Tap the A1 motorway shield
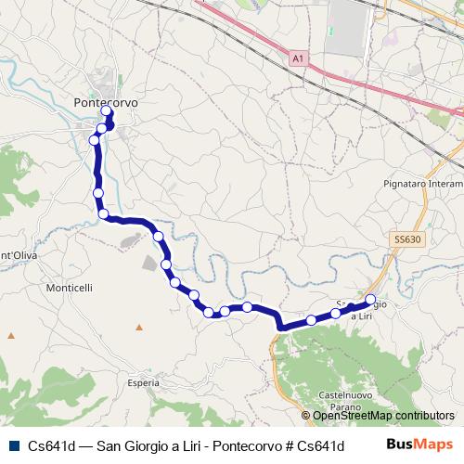[x=296, y=58]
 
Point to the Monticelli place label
[x=69, y=289]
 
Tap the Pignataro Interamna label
[x=422, y=184]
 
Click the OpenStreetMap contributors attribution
[x=378, y=416]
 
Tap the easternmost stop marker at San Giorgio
[x=371, y=300]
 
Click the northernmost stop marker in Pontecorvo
[x=107, y=112]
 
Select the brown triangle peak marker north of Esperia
[x=139, y=327]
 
